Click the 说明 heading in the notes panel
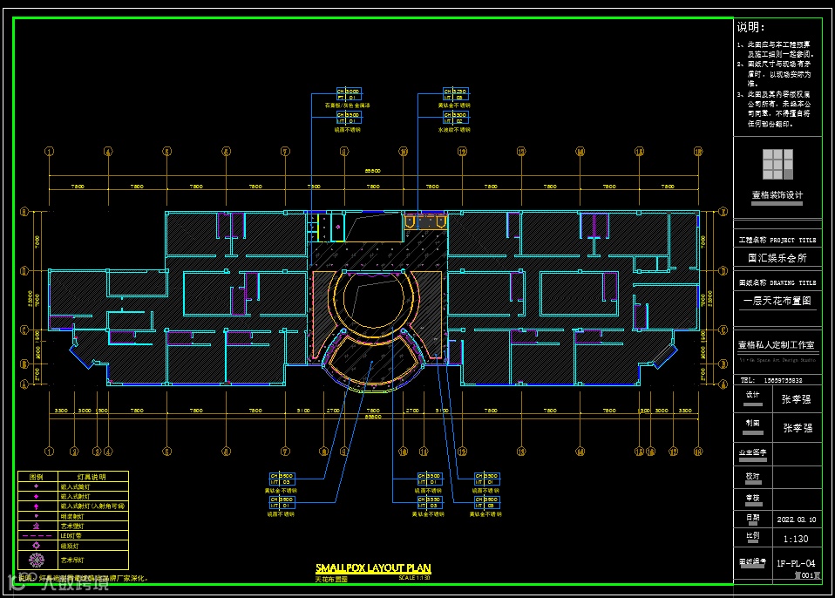tap(750, 28)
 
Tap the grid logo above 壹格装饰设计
tap(777, 164)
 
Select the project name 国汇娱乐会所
tap(777, 258)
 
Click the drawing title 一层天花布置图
tap(777, 301)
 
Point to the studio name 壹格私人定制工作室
tap(777, 344)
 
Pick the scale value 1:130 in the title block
tap(795, 538)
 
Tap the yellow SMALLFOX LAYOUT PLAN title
tap(373, 568)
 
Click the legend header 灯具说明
tap(92, 478)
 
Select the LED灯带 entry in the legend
tap(71, 536)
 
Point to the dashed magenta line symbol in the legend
tap(36, 536)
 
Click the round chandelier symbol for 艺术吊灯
tap(36, 559)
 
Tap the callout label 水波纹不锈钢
tap(454, 129)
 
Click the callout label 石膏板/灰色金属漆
tap(348, 105)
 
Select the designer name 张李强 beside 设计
tap(795, 399)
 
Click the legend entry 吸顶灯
tap(69, 547)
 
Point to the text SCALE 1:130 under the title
tap(415, 578)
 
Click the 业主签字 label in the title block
tap(754, 452)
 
